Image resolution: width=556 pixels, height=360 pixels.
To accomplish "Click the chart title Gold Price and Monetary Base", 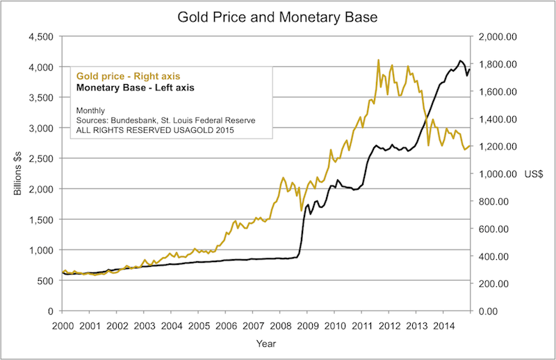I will (277, 15).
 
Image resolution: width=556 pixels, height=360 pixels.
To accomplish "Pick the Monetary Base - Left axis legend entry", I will (135, 88).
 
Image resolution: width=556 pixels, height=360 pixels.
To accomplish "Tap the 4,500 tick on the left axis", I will (41, 37).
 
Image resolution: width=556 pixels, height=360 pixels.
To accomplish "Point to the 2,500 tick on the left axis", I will (41, 159).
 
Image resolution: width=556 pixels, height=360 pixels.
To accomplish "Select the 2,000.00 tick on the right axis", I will (494, 37).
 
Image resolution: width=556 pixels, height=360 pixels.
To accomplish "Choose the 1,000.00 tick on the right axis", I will (494, 174).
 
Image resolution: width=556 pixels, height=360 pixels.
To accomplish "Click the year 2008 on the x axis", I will (280, 325).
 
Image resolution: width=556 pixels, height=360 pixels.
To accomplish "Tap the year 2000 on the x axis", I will (62, 325).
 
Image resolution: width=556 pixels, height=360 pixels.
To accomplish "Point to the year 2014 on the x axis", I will (444, 325).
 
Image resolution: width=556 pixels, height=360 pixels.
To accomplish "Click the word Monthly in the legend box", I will (90, 110).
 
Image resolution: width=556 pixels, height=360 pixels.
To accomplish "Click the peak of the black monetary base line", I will (460, 60).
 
